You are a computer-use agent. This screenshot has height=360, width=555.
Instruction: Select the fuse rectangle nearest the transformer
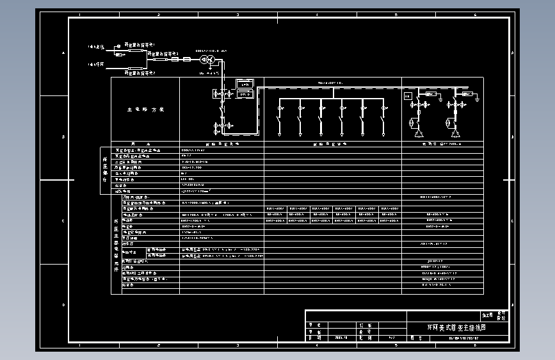click(186, 60)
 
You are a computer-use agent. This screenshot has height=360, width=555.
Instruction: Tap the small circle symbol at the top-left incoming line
click(117, 46)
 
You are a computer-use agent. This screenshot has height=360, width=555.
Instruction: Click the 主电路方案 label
click(145, 110)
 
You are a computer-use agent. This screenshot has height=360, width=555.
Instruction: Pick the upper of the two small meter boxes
click(245, 84)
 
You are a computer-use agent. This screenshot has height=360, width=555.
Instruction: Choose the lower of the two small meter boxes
click(245, 94)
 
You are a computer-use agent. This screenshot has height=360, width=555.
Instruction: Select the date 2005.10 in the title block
click(340, 336)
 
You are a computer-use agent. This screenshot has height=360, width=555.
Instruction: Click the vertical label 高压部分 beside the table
click(104, 170)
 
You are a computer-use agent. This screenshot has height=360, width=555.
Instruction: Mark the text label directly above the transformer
click(211, 49)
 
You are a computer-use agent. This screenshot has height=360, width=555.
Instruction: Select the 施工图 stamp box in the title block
click(487, 315)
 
